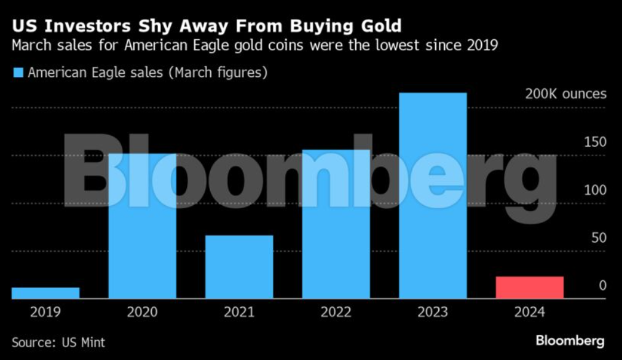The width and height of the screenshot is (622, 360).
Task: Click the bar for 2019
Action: [45, 293]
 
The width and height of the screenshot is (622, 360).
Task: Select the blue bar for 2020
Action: [142, 226]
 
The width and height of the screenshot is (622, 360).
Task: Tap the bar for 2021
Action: [239, 267]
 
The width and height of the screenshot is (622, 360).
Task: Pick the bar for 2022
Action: [336, 224]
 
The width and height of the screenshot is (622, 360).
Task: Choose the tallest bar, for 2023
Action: [433, 195]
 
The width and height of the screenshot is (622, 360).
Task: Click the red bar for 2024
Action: [529, 288]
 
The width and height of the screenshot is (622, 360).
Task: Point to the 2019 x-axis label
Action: [45, 312]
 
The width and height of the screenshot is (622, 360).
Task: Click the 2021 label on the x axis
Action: [239, 312]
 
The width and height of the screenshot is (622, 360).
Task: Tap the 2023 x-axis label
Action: [433, 312]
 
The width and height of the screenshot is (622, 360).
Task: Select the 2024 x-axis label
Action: [529, 312]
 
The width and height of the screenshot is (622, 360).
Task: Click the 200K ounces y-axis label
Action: [565, 94]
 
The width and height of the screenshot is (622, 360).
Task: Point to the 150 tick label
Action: [594, 142]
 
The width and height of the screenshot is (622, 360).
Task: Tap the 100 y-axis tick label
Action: [594, 190]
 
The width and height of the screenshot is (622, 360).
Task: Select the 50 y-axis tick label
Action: [598, 238]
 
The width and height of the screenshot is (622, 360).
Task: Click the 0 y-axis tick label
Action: [602, 286]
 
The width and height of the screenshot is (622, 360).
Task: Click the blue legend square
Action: [17, 73]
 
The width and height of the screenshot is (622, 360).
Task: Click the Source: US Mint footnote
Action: [58, 342]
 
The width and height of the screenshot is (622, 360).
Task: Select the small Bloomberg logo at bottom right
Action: [569, 340]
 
